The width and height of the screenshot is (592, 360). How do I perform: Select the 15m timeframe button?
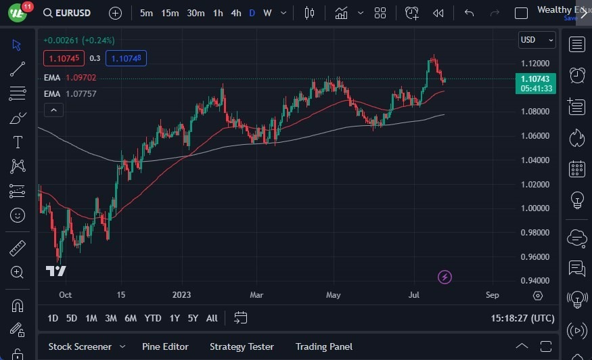(x=170, y=13)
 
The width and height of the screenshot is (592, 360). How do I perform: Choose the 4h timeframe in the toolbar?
(x=235, y=13)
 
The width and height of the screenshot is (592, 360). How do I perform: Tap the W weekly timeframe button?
(x=267, y=13)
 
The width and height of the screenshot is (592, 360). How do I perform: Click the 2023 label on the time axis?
(x=181, y=295)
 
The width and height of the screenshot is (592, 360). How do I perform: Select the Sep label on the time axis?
(x=492, y=295)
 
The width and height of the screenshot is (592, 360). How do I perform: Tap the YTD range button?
(x=153, y=318)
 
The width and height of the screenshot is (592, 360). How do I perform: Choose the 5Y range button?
(x=193, y=318)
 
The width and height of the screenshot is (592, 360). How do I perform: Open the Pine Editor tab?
(x=165, y=346)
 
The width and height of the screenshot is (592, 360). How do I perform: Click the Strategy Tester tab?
(x=242, y=346)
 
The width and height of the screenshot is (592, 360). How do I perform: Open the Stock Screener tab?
(x=80, y=346)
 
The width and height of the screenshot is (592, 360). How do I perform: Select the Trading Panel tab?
(x=324, y=346)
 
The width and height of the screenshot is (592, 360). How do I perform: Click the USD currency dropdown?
(x=537, y=40)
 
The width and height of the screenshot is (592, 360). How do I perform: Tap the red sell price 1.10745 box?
(x=64, y=58)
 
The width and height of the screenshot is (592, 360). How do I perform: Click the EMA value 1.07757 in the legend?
(x=81, y=93)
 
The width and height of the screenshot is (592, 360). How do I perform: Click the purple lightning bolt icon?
(x=445, y=277)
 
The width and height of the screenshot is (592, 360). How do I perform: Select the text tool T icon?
(x=18, y=142)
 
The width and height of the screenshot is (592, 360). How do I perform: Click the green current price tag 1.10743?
(x=535, y=79)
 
